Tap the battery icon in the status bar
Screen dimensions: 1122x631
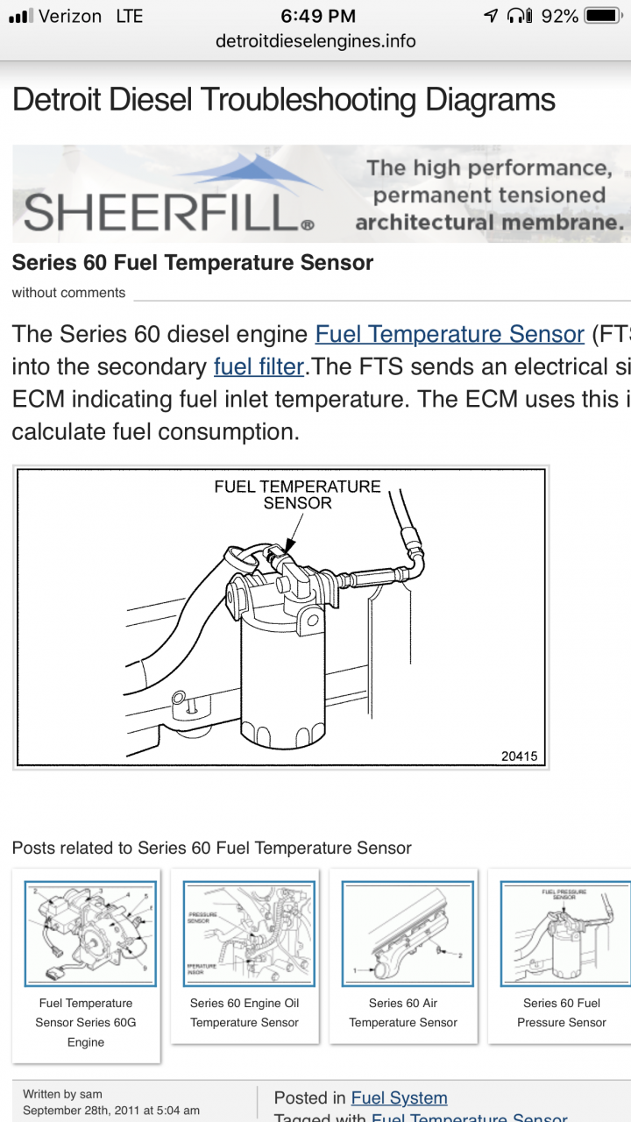[602, 16]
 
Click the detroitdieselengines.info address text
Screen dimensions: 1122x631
[315, 41]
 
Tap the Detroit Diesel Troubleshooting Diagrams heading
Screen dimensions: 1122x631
[284, 100]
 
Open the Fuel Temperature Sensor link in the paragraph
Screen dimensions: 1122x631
[450, 334]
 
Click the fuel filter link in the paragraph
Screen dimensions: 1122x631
[259, 366]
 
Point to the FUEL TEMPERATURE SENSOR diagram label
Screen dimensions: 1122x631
[297, 494]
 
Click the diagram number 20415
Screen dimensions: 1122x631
[519, 756]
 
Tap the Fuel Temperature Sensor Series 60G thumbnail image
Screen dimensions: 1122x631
[90, 934]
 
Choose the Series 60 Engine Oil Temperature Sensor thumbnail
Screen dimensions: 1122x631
[249, 934]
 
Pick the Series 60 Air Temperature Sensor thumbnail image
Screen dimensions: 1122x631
[408, 934]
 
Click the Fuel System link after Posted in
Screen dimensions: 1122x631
[399, 1097]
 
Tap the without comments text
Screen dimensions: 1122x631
[68, 293]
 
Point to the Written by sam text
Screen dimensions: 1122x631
[62, 1094]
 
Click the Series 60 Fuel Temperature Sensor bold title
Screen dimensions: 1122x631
[193, 262]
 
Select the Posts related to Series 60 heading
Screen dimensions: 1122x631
[211, 848]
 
